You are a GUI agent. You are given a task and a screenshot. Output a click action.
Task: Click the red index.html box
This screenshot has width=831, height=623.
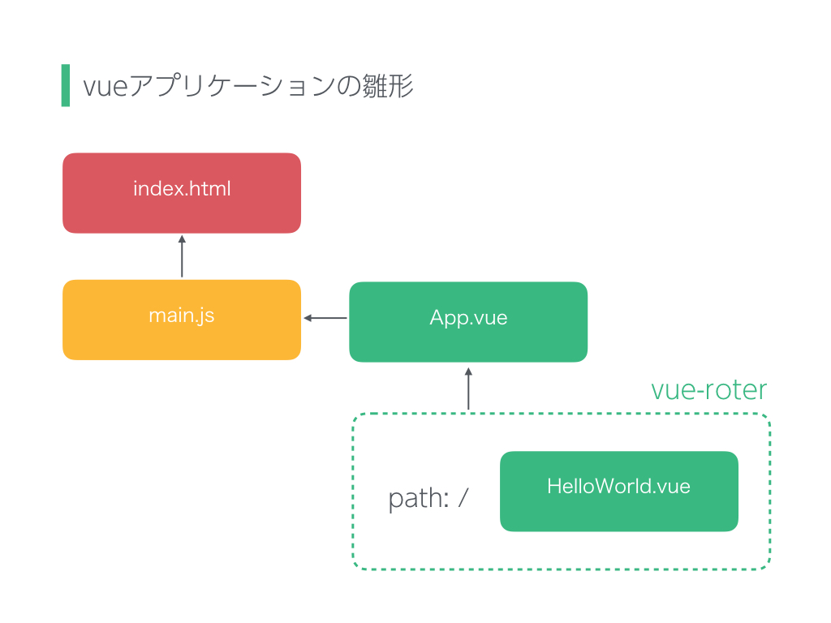coord(182,193)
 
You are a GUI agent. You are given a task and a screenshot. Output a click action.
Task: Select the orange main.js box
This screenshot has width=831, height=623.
coord(182,320)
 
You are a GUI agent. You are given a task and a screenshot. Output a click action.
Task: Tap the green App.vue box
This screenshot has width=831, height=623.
coord(468,321)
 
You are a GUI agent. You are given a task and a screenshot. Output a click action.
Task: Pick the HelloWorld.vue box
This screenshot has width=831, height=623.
coord(619,491)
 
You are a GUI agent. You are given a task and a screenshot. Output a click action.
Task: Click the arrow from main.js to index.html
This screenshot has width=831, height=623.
coord(182,256)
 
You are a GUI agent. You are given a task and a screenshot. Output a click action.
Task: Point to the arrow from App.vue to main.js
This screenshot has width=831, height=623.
coord(325,318)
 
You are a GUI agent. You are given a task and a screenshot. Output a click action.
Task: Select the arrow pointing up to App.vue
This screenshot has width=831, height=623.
coord(468,389)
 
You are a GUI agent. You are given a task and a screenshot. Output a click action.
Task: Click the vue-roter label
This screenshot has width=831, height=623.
coord(708,390)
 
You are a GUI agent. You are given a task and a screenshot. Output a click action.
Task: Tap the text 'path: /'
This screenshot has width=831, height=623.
coord(428,499)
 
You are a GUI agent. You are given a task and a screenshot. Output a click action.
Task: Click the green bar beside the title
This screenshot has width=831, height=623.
coord(66,85)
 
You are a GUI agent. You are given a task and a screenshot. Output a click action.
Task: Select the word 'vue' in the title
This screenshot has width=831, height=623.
coord(105,87)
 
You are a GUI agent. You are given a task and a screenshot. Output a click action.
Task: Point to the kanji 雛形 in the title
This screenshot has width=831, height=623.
coord(387,86)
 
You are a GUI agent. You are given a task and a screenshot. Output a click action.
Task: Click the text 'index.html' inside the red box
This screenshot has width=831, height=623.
coord(182,188)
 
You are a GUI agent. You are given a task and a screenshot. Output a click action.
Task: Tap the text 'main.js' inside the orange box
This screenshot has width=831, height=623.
coord(181,316)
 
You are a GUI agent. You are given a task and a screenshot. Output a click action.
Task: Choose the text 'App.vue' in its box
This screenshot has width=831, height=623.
coord(468,318)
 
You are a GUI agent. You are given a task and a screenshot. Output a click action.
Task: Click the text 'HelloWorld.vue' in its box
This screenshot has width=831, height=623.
coord(618,487)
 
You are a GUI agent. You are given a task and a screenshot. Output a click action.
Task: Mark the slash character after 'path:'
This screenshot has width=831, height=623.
coord(463,498)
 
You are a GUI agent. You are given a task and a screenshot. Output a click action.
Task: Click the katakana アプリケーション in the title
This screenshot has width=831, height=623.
coord(231,86)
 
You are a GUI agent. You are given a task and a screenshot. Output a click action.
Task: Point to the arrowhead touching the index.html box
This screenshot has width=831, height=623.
coord(182,239)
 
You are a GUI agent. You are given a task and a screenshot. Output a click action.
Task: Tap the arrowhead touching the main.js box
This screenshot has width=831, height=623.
coord(308,318)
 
